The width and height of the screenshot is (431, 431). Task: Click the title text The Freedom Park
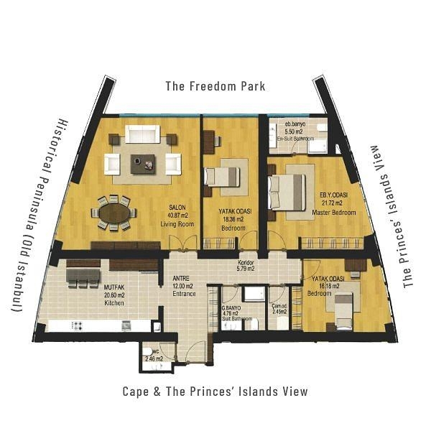(215, 86)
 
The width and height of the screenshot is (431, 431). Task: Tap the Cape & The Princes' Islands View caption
(215, 391)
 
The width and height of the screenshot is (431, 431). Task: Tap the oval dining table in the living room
(116, 213)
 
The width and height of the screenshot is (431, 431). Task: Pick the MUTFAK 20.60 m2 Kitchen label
(115, 295)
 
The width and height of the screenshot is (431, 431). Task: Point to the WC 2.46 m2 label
(154, 356)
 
